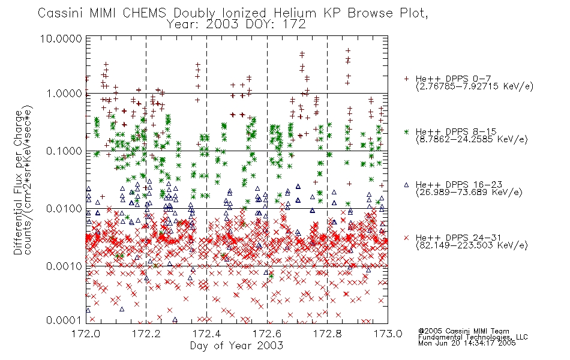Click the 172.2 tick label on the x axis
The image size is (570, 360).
tap(146, 334)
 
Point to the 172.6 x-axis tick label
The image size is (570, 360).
tap(267, 334)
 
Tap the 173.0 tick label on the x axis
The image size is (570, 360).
tap(388, 334)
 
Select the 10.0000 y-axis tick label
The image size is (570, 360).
tap(61, 38)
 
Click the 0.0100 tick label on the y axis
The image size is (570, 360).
tap(64, 209)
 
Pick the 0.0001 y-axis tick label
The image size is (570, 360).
tap(64, 320)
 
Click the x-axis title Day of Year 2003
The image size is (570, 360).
tap(236, 346)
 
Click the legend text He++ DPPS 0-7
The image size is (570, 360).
tap(454, 79)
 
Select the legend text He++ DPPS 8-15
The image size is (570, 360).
tap(456, 131)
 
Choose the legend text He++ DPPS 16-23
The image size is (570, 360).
tap(459, 185)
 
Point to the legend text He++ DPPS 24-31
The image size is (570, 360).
tap(459, 238)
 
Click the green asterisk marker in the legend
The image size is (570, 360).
tap(406, 131)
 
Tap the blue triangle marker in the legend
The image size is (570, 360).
tap(406, 185)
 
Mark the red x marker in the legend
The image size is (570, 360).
tap(406, 238)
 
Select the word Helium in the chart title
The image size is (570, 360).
tap(295, 13)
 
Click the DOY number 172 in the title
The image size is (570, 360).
tap(293, 25)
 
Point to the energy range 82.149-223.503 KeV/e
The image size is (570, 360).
tap(472, 245)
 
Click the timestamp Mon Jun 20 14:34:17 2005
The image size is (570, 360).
tap(467, 343)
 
